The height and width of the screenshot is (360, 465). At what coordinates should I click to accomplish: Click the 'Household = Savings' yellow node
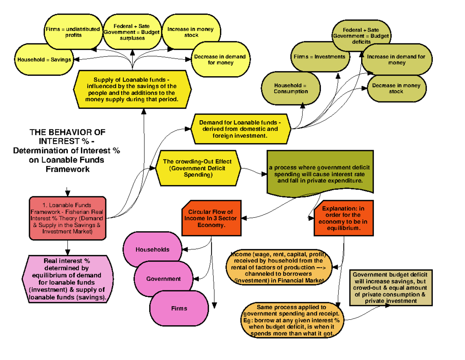(x=44, y=60)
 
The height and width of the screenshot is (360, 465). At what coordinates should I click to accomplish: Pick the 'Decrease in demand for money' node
(x=220, y=59)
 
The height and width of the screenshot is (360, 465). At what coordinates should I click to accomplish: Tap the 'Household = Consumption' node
(x=291, y=88)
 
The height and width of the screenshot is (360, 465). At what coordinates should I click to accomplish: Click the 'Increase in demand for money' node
(x=396, y=60)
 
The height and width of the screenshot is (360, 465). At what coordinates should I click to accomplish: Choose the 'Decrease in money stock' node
(x=396, y=89)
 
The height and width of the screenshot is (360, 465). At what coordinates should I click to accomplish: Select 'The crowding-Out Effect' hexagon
(x=198, y=168)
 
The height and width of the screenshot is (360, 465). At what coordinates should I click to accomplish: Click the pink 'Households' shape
(x=152, y=250)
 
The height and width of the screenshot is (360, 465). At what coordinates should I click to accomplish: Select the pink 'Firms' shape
(x=179, y=308)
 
